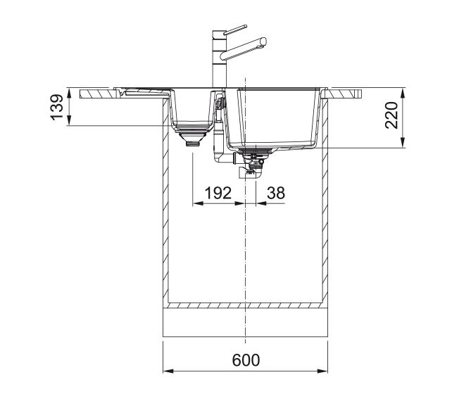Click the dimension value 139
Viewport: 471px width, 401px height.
[57, 107]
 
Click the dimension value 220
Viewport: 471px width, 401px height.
[391, 115]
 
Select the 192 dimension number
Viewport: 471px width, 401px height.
[218, 193]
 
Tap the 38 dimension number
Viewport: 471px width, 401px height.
[276, 193]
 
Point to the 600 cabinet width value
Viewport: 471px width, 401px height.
[246, 360]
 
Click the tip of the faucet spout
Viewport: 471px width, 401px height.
[263, 41]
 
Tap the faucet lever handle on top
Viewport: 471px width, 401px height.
[235, 30]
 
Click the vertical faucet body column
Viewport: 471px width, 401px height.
[219, 59]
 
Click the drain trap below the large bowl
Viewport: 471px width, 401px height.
[252, 166]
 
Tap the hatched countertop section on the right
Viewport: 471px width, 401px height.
[342, 94]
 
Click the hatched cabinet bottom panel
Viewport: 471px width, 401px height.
[245, 305]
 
